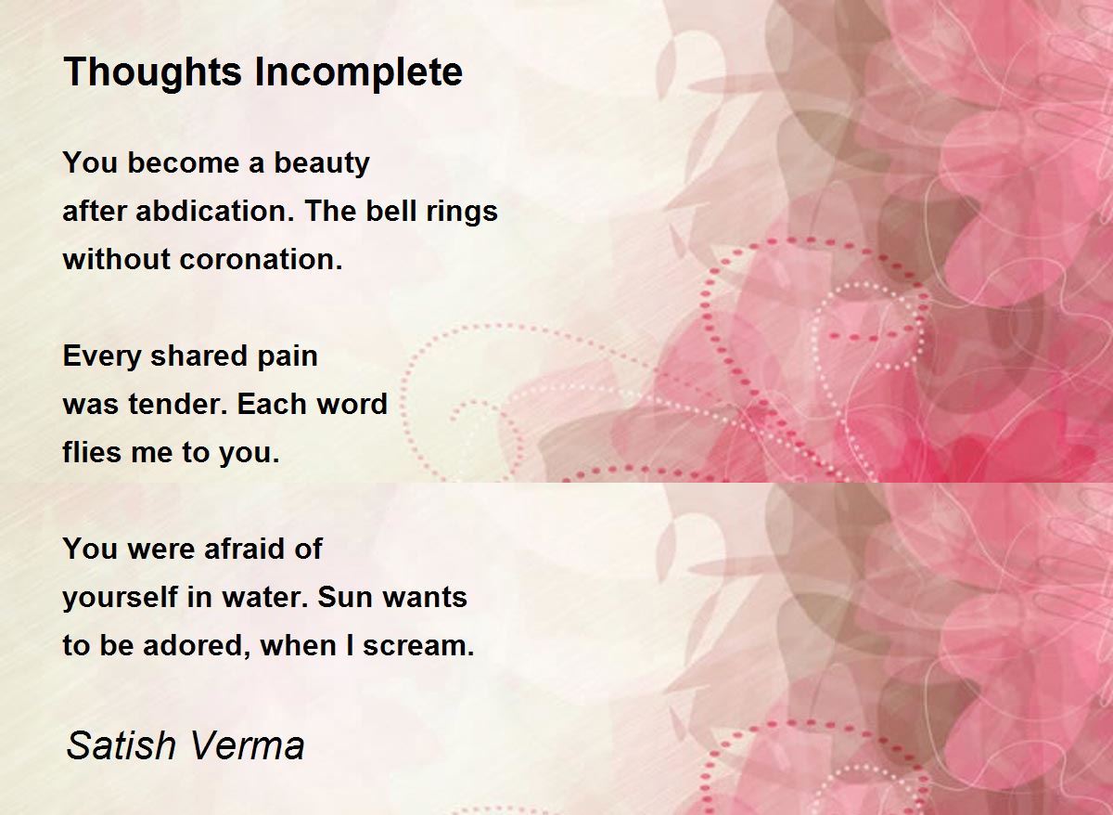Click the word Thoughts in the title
(152, 73)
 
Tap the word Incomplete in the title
(359, 73)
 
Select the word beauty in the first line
(322, 163)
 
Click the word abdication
(214, 211)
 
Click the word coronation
(261, 259)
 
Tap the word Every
(102, 356)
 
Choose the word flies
(92, 452)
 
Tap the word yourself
(121, 598)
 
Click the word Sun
(345, 597)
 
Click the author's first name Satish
(122, 746)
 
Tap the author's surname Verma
(247, 746)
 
